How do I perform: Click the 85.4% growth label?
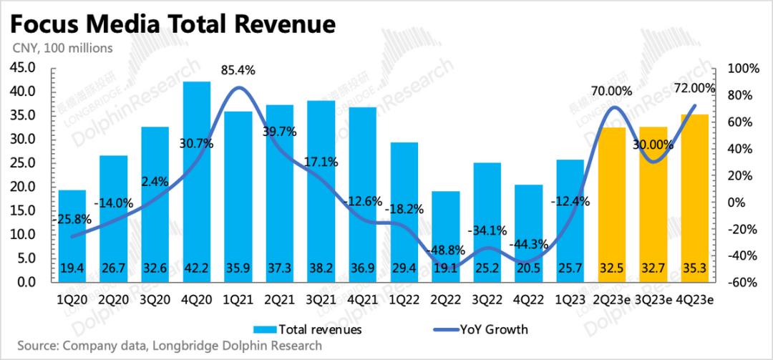[x=238, y=70]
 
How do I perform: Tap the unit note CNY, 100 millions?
[x=62, y=49]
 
